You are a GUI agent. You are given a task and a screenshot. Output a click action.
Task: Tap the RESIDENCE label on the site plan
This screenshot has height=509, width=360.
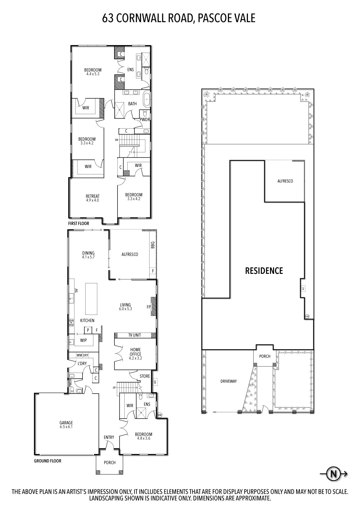[x=264, y=271]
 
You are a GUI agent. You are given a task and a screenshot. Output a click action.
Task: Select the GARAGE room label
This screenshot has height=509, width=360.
[x=66, y=422]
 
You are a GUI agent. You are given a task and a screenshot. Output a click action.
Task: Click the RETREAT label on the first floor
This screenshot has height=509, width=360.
[x=92, y=196]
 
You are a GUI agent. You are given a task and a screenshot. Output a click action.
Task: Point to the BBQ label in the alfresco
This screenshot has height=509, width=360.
[x=152, y=245]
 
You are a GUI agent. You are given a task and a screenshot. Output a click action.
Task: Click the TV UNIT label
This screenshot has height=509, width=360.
[x=134, y=335]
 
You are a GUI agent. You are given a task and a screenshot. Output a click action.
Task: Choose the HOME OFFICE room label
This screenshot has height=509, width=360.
[x=135, y=352]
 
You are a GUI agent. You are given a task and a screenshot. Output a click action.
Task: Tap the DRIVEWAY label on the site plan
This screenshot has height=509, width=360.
[x=228, y=381]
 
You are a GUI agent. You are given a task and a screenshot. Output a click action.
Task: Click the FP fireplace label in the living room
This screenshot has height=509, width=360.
[x=148, y=307]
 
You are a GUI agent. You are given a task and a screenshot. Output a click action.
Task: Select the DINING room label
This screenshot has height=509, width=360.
[x=88, y=253]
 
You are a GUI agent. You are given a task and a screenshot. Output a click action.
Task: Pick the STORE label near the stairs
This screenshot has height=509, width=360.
[x=145, y=376]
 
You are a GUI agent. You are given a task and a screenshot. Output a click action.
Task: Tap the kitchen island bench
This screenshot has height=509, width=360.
[x=90, y=299]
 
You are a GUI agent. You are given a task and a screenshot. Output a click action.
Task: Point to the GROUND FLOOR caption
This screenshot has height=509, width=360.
[x=48, y=461]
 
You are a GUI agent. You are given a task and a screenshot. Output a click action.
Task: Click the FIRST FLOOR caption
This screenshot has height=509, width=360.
[x=79, y=224]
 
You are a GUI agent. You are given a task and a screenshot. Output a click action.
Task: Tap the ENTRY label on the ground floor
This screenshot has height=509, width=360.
[x=109, y=437]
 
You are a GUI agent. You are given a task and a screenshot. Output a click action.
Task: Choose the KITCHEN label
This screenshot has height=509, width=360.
[x=87, y=321]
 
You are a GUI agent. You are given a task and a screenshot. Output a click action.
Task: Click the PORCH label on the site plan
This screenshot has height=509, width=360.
[x=265, y=356]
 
